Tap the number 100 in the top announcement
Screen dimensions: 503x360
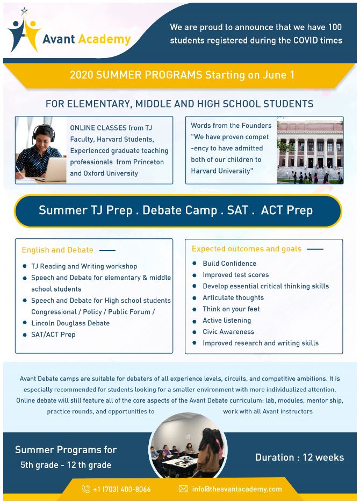tap(334, 27)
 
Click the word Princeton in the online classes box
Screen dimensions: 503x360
tap(148, 162)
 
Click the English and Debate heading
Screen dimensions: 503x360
tap(57, 250)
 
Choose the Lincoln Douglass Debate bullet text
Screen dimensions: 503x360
tap(70, 323)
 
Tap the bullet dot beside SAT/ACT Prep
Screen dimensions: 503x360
tap(25, 334)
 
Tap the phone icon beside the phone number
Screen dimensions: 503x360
tap(85, 489)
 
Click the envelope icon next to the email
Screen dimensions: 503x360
tap(183, 489)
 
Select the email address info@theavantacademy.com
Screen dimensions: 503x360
tap(237, 489)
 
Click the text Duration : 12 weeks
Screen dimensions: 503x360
tap(299, 457)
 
